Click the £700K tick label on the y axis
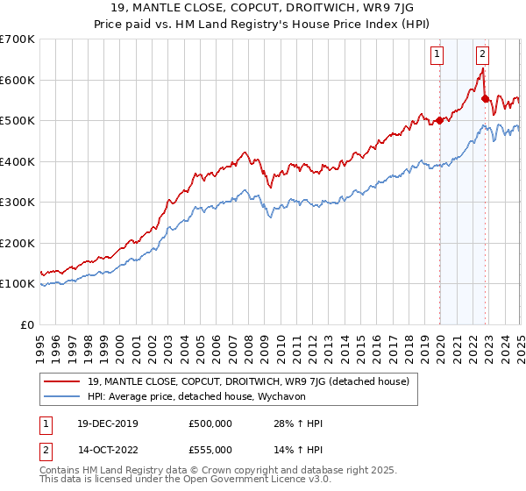click(x=18, y=39)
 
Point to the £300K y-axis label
click(x=18, y=203)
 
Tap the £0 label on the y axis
click(x=27, y=324)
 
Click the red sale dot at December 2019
click(x=439, y=121)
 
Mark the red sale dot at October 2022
click(x=485, y=99)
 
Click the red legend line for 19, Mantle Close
click(x=62, y=381)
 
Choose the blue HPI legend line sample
click(x=62, y=395)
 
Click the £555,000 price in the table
click(x=210, y=449)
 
